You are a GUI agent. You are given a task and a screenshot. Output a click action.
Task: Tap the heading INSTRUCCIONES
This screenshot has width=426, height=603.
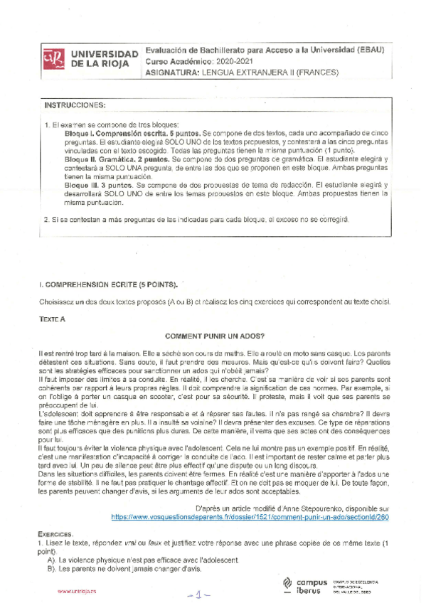point(75,105)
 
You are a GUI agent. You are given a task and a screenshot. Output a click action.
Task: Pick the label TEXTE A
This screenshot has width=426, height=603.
point(52,320)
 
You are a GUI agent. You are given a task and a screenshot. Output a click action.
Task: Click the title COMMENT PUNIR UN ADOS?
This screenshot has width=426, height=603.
point(214,335)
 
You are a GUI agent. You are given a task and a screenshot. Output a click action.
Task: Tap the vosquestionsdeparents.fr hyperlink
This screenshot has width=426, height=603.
point(250,518)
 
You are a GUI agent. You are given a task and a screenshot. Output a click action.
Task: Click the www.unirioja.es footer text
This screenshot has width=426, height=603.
point(76,591)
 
